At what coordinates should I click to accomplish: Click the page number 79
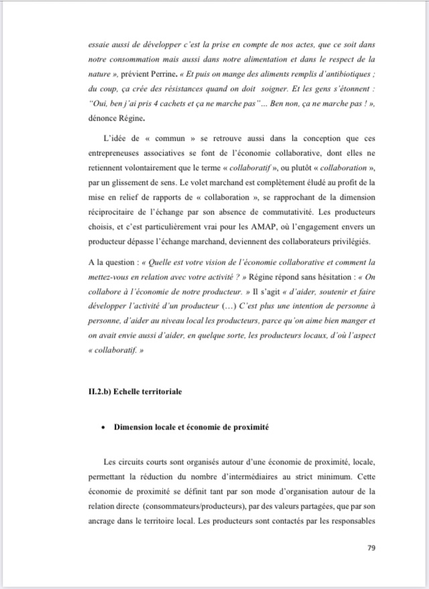[371, 548]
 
